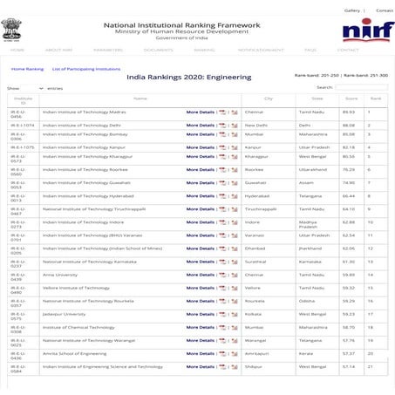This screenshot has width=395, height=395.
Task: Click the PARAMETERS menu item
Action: click(107, 50)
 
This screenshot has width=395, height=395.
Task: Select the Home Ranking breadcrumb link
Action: click(27, 68)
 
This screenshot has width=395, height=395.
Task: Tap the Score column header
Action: click(348, 99)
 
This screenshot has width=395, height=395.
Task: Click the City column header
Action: click(268, 99)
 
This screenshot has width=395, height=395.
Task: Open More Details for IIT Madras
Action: click(200, 112)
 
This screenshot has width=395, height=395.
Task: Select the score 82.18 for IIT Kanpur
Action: click(348, 147)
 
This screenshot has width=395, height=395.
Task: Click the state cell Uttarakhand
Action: click(312, 170)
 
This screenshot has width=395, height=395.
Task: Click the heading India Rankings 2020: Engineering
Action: click(188, 77)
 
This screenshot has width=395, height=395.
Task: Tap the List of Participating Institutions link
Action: click(85, 68)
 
